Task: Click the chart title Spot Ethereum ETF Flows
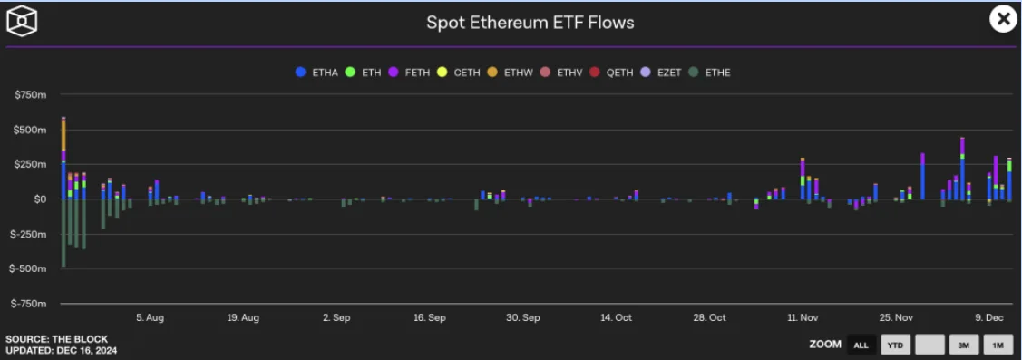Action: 530,23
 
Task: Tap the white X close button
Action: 1003,20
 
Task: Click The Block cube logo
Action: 22,21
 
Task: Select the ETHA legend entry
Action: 316,73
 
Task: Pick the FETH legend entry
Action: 409,73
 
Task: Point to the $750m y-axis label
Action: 31,95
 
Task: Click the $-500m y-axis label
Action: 29,268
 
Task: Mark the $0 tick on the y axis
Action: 40,199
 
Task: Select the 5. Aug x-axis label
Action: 150,317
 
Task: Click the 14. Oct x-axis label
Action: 616,317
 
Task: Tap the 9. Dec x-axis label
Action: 989,317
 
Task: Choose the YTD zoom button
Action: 896,345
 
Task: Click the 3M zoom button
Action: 963,345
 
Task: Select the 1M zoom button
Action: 998,345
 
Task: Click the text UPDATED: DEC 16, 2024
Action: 62,350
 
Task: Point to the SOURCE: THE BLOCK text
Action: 57,339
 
